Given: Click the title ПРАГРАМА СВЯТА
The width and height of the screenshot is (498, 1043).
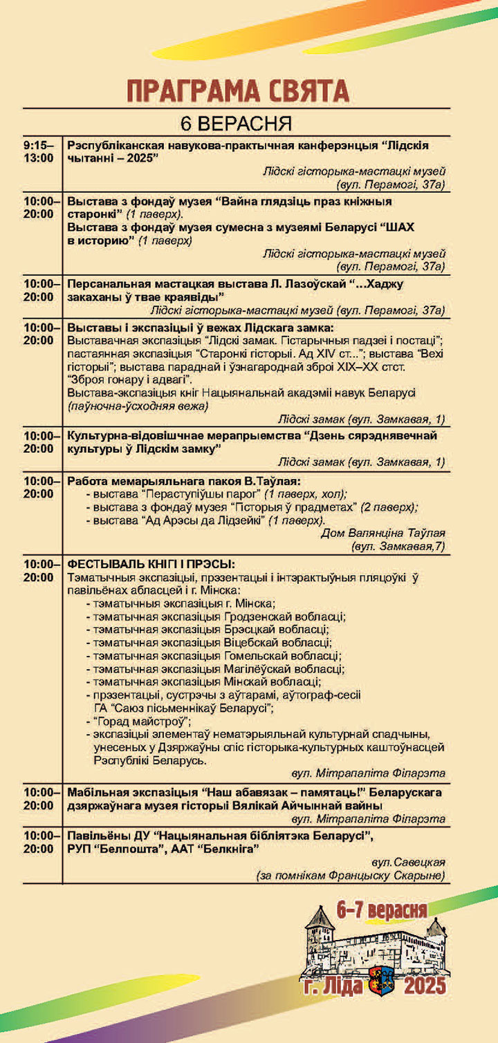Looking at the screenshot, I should click(x=237, y=91).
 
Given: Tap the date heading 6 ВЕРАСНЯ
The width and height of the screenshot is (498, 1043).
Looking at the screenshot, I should click(x=236, y=124).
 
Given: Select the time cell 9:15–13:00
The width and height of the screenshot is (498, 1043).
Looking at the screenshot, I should click(x=39, y=151).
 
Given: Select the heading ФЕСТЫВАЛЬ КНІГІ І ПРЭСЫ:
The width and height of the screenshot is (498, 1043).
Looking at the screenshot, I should click(x=151, y=563).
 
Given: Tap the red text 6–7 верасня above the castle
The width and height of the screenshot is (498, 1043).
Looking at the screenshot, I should click(x=381, y=910).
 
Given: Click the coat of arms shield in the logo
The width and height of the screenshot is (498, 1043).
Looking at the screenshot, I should click(x=381, y=985).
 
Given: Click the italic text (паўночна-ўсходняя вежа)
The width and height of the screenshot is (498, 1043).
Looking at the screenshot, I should click(x=138, y=406).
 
